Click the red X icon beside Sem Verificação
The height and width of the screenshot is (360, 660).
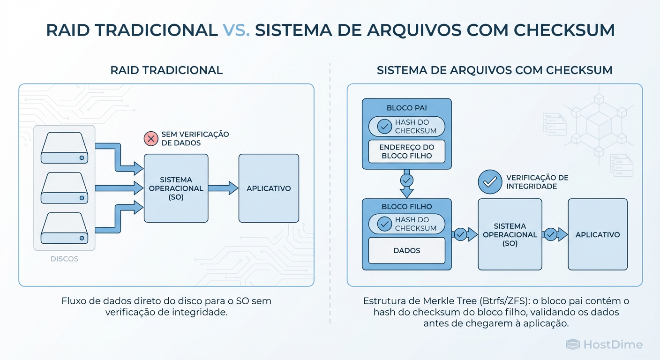coord(151,138)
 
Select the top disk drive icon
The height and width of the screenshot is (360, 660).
coord(65,148)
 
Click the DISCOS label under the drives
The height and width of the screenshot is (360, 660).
coord(64,259)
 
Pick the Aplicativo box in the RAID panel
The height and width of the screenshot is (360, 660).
coord(269,188)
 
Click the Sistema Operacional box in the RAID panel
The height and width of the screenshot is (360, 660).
coord(176,188)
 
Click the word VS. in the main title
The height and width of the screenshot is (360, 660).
coord(236,30)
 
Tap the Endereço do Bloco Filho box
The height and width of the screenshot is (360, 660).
coord(407,151)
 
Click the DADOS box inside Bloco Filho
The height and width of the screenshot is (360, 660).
coord(407,250)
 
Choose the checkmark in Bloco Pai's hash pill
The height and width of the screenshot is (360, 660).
coord(384,126)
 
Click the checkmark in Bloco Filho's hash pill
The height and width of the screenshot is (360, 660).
coord(384,224)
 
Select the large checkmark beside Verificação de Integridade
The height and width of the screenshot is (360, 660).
coord(490,182)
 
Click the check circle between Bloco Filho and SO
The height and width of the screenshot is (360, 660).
coord(460,234)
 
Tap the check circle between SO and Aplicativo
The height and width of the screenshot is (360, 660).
coord(550,234)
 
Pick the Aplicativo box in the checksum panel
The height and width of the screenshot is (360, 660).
coord(598,234)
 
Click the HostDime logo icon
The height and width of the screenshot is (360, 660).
coord(573,345)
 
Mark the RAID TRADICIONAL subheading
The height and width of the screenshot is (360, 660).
coord(166,70)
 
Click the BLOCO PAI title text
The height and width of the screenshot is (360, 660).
coord(406,108)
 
